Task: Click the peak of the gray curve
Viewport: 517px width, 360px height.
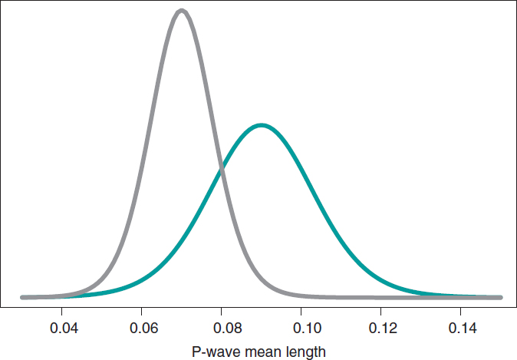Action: [x=181, y=11]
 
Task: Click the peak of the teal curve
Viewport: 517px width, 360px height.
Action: [x=262, y=124]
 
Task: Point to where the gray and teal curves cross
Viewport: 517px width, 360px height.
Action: [x=222, y=170]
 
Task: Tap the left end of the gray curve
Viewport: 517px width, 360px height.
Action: [x=22, y=297]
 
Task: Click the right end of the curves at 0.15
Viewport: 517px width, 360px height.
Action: [x=500, y=297]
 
